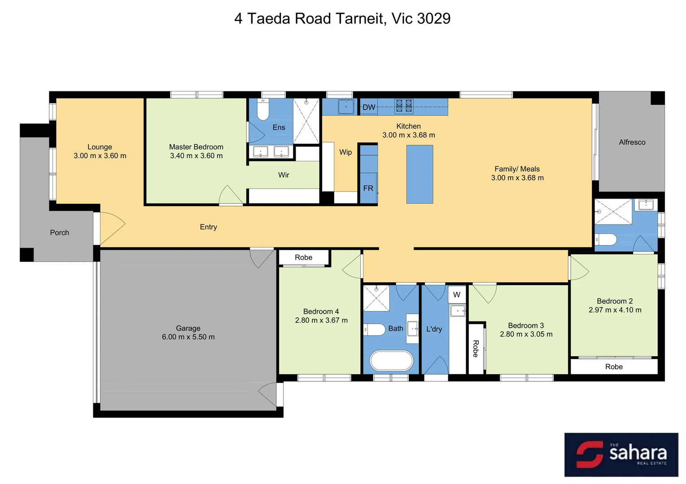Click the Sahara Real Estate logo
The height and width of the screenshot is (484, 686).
(621, 454)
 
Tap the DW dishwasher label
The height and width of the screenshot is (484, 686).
(369, 107)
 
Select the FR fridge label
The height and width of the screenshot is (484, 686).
(368, 188)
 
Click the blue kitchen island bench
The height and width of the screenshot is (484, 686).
(419, 174)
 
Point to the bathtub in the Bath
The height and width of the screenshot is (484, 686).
(391, 361)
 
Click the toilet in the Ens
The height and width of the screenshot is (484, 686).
(263, 111)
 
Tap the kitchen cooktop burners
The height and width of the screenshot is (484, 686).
(403, 106)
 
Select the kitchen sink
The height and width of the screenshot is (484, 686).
(346, 107)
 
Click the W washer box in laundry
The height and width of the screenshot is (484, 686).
(457, 294)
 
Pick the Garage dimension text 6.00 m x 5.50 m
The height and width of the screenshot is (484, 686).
(188, 337)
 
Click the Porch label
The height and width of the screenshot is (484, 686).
(59, 233)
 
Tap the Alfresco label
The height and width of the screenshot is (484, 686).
(632, 142)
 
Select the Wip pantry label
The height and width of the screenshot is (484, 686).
(345, 152)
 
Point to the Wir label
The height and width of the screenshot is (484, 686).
(284, 175)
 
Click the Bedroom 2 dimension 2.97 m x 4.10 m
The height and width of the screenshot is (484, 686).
(615, 310)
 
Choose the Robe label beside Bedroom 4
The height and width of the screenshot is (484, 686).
(303, 257)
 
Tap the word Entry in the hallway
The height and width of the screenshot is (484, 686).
(208, 227)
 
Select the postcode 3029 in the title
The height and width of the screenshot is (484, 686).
(433, 18)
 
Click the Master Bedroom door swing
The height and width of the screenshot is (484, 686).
(231, 195)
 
